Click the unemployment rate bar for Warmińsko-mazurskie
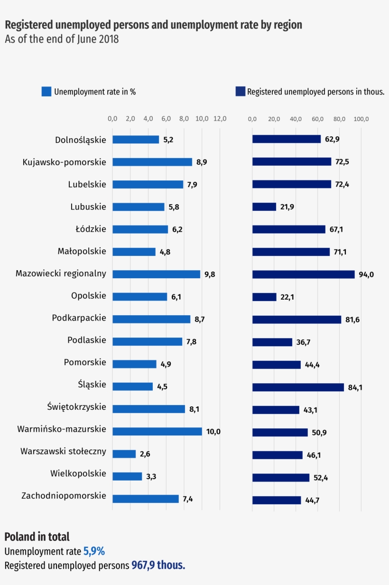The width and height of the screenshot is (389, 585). click(x=157, y=431)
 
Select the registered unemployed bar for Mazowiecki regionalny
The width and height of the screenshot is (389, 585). click(x=303, y=274)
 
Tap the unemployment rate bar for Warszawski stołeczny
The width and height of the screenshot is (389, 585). click(x=124, y=454)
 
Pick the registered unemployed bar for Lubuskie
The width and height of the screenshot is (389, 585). click(x=264, y=207)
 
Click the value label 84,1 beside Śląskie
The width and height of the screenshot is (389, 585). click(x=355, y=387)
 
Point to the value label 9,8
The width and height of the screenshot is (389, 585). click(x=210, y=274)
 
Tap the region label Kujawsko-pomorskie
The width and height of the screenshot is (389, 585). click(x=64, y=162)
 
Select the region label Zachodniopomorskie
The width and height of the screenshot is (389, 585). click(x=64, y=496)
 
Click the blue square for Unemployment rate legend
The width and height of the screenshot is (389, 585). click(x=46, y=92)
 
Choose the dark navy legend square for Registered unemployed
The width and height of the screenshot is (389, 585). click(x=240, y=92)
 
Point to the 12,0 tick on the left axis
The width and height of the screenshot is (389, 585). click(x=220, y=119)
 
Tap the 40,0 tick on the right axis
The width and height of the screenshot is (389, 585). click(x=296, y=119)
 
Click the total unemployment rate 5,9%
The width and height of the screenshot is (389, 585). click(x=94, y=551)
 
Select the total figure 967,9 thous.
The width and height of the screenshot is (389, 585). click(x=158, y=566)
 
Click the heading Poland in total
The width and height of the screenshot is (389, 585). click(x=37, y=537)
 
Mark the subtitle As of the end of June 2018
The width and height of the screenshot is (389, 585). click(x=62, y=39)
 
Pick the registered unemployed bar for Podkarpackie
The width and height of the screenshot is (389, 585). click(x=296, y=320)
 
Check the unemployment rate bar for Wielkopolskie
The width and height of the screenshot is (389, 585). click(x=127, y=476)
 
